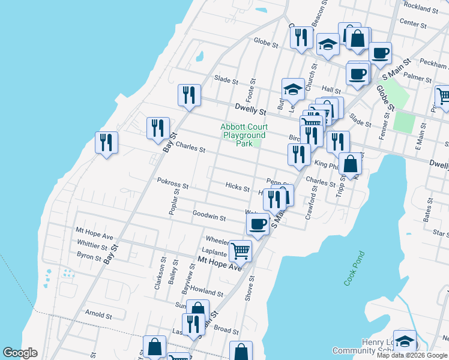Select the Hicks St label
[x=238, y=188]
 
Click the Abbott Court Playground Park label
[x=244, y=135]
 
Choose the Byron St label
[x=89, y=256]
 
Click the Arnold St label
[x=98, y=314]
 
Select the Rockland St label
[x=421, y=8]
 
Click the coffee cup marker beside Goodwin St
[x=258, y=224]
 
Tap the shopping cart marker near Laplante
[x=240, y=250]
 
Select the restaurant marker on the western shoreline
[x=106, y=142]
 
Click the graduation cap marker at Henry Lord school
[x=405, y=341]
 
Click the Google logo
[x=20, y=353]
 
